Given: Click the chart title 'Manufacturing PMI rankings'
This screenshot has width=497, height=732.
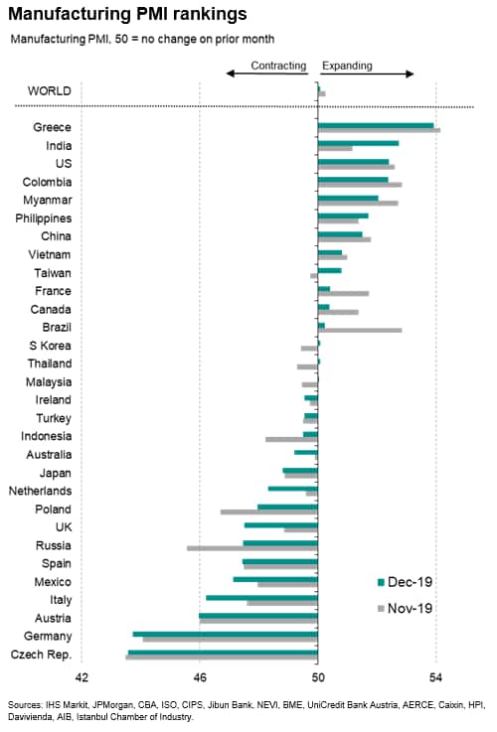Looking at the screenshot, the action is (127, 14).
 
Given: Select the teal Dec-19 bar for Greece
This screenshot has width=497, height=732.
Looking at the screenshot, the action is (376, 125).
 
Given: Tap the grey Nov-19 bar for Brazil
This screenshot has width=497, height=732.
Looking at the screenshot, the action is (360, 331).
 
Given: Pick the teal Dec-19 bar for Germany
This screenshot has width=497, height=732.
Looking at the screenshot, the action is (226, 634).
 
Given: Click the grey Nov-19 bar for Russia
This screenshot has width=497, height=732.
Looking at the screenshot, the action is (252, 548).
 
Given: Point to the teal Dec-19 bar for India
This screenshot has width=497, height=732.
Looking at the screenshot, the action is (358, 143).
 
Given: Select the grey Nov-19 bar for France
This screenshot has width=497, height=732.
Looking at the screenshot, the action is (343, 294).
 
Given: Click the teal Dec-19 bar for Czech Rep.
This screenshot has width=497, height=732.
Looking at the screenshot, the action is (224, 653).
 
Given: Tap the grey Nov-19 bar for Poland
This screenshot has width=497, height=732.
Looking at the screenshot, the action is (269, 512).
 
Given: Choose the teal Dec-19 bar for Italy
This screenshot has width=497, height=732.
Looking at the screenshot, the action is (262, 598).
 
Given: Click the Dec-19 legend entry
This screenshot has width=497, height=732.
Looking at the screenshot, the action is (405, 582).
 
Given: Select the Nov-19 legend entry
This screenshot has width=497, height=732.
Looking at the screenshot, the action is (405, 608).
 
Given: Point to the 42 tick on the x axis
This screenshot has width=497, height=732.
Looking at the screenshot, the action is (82, 677).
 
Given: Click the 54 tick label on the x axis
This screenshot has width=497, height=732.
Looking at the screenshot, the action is (435, 677).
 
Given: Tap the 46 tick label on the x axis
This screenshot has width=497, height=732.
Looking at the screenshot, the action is (200, 677).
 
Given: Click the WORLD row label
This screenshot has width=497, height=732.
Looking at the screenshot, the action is (50, 91).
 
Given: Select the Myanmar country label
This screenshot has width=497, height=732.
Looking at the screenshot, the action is (48, 201).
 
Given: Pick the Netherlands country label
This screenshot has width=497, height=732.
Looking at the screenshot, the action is (40, 491).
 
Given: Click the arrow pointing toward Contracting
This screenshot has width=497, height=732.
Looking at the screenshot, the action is (267, 73).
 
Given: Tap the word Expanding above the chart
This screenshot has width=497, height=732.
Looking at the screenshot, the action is (347, 66).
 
